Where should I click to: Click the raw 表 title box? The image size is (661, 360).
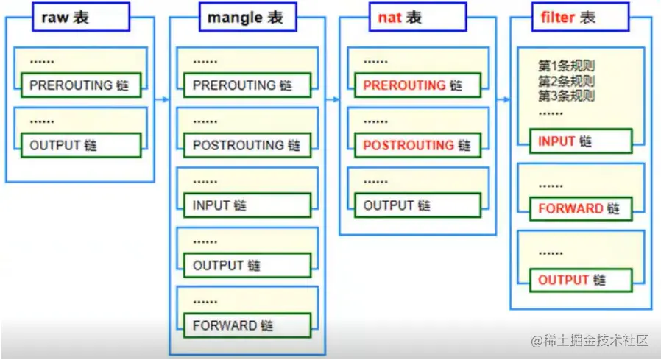(x=81, y=18)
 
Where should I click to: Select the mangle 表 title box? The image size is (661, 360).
(x=247, y=18)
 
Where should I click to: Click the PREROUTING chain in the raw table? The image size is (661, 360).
(x=80, y=85)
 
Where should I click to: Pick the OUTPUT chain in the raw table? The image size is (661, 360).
(x=80, y=146)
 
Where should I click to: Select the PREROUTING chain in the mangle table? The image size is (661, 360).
(x=247, y=85)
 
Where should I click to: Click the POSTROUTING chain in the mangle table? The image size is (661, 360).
(x=247, y=146)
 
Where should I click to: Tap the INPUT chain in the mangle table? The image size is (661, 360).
(x=247, y=206)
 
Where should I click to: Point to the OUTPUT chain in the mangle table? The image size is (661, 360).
(x=247, y=265)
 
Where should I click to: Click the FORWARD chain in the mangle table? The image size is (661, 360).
(x=247, y=325)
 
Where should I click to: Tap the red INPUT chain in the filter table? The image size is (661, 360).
(x=580, y=141)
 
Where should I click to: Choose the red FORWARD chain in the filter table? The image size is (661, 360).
(x=580, y=209)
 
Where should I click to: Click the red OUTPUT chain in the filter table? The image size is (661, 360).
(x=580, y=280)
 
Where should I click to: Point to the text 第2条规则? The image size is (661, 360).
(x=566, y=81)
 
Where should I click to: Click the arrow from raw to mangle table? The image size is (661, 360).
(x=162, y=99)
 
